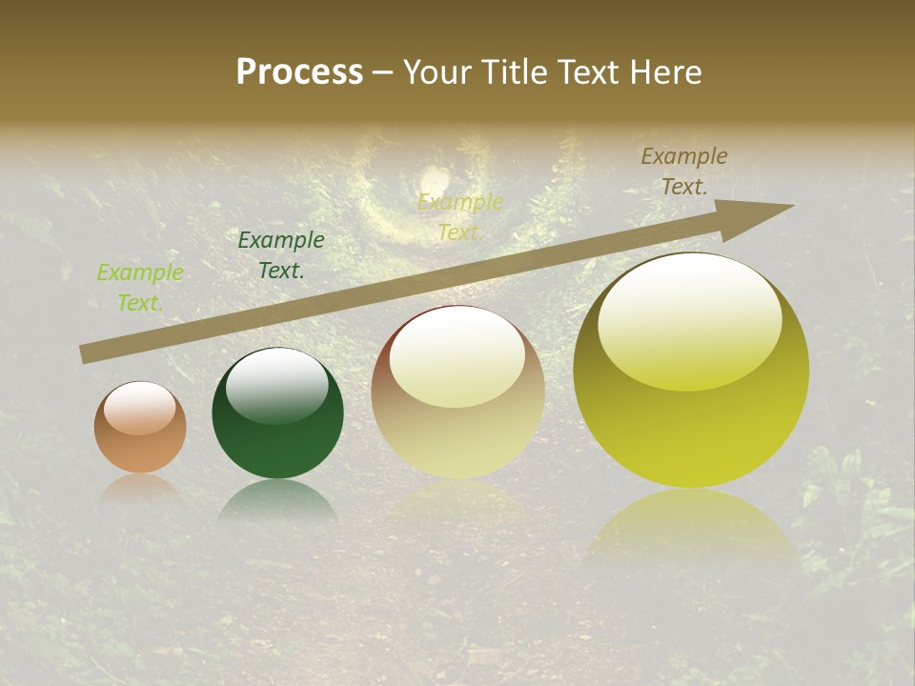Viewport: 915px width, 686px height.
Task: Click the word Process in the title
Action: pyautogui.click(x=299, y=72)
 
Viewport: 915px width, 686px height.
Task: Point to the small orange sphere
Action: pyautogui.click(x=140, y=428)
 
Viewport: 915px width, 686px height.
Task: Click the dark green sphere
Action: pyautogui.click(x=277, y=414)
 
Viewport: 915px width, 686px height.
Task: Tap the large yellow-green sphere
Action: pyautogui.click(x=691, y=371)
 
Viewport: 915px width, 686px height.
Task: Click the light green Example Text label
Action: pyautogui.click(x=140, y=288)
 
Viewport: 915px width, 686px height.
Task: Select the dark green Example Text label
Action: pyautogui.click(x=281, y=255)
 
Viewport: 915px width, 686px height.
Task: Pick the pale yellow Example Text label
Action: pyautogui.click(x=459, y=216)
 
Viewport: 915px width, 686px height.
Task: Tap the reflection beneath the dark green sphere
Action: pyautogui.click(x=276, y=499)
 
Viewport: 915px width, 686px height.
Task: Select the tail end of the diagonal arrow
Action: pyautogui.click(x=88, y=353)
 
